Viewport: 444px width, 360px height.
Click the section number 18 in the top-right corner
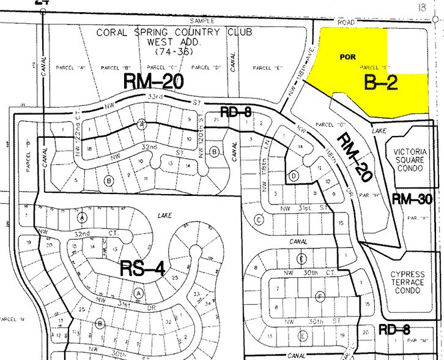point(420,6)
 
